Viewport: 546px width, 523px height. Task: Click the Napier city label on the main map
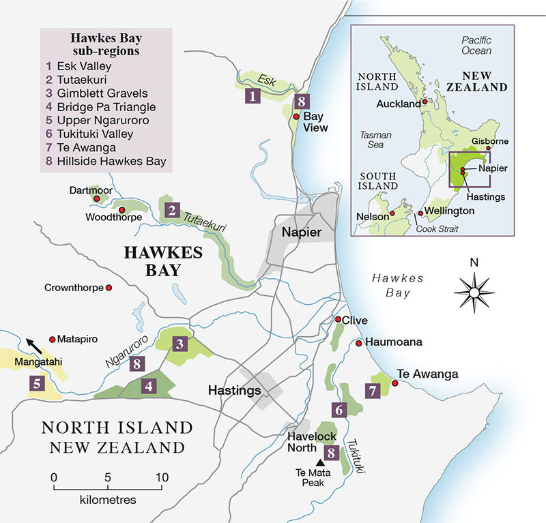click(298, 233)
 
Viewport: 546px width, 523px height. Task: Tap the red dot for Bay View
click(296, 117)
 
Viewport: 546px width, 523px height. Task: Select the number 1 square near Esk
click(253, 96)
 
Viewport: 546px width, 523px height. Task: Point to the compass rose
click(473, 292)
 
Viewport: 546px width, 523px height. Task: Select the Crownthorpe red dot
click(108, 288)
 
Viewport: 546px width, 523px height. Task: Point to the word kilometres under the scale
click(108, 500)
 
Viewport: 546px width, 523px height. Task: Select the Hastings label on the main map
click(235, 391)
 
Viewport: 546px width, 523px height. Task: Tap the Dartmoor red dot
click(97, 199)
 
